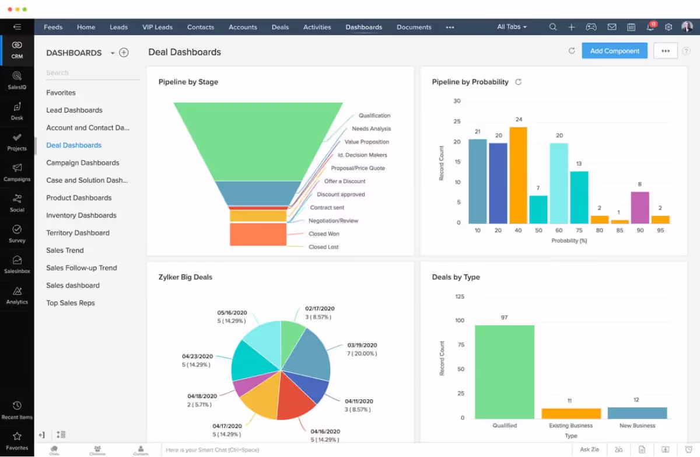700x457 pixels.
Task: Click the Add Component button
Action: pyautogui.click(x=614, y=51)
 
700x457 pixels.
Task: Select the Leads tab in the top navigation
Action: pyautogui.click(x=118, y=27)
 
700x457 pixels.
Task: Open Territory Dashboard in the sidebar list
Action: pyautogui.click(x=78, y=233)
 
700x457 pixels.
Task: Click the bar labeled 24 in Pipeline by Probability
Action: pyautogui.click(x=518, y=175)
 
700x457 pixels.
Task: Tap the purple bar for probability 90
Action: pyautogui.click(x=640, y=207)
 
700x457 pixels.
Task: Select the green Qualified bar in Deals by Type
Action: pyautogui.click(x=504, y=371)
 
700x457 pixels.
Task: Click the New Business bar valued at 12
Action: pyautogui.click(x=636, y=413)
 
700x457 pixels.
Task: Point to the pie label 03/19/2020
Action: pyautogui.click(x=362, y=345)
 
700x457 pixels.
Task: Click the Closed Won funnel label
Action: pyautogui.click(x=324, y=233)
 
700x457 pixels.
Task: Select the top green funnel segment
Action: pyautogui.click(x=258, y=140)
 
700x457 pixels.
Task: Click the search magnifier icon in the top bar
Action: pyautogui.click(x=553, y=27)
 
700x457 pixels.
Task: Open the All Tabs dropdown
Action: pyautogui.click(x=512, y=27)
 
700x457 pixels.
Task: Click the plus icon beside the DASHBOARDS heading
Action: pyautogui.click(x=124, y=53)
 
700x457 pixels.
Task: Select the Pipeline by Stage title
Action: pyautogui.click(x=188, y=82)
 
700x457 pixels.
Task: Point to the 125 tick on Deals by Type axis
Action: pyautogui.click(x=459, y=296)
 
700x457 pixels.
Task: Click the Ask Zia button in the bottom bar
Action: pyautogui.click(x=589, y=449)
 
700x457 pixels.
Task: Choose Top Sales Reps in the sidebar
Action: pyautogui.click(x=70, y=303)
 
